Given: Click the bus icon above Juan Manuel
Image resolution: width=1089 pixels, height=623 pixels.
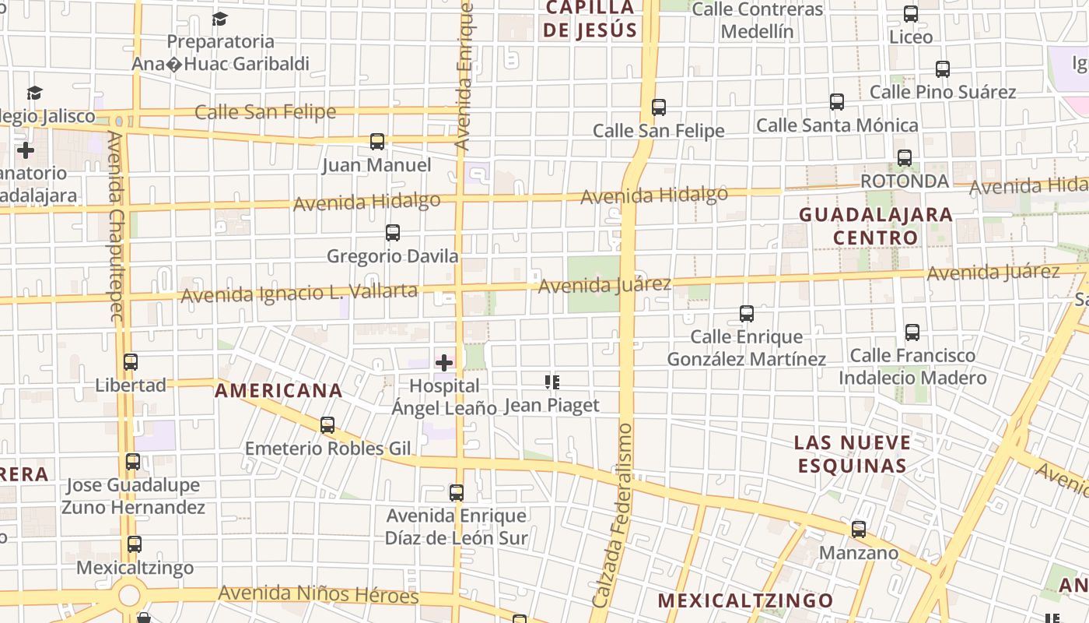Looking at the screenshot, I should [377, 141].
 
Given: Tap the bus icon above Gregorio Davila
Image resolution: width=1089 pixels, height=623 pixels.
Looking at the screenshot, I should [393, 232].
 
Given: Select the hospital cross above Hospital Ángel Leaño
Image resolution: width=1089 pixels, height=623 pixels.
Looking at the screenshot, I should [444, 362].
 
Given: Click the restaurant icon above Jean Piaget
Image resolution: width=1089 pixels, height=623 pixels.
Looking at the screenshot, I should [552, 382].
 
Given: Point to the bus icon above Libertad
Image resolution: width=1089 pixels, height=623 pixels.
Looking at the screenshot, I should [131, 361].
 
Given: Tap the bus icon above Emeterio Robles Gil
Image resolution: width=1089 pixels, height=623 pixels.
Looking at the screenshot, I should [327, 424].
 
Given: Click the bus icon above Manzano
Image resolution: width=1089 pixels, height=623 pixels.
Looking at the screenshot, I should [859, 530].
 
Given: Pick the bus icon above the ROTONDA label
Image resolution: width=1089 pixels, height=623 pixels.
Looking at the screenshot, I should [905, 157].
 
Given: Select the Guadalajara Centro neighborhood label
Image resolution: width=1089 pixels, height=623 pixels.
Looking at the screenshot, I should [876, 226].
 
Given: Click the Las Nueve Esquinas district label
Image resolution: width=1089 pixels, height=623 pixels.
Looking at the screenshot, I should [851, 454].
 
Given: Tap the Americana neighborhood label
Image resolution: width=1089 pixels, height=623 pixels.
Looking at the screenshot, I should [278, 390].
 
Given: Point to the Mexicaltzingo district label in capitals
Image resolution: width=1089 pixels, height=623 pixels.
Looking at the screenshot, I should [745, 600].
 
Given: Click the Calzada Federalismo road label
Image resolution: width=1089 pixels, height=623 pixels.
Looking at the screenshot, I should [613, 516].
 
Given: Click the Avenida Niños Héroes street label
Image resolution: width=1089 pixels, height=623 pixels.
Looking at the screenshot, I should [318, 594].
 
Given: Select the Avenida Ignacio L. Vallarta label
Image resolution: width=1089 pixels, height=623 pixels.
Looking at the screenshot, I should [299, 294].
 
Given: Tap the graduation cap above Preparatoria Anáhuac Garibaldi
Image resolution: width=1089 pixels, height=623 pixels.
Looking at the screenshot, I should [220, 19].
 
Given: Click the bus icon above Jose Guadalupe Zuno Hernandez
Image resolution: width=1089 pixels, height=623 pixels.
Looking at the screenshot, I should [133, 462].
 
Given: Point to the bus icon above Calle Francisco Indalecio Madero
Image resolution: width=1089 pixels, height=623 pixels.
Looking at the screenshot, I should [912, 333].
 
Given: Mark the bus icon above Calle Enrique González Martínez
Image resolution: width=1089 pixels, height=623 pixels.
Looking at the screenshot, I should [747, 314].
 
